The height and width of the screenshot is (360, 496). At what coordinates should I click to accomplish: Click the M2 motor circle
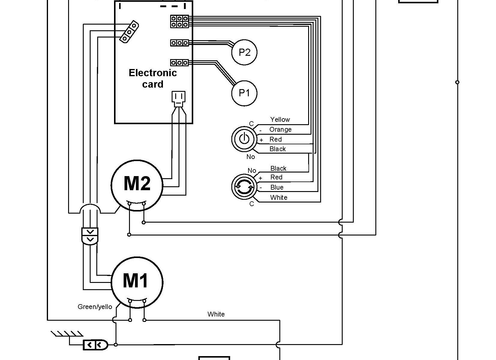tap(137, 184)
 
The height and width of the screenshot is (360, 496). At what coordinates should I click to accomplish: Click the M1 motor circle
tap(137, 282)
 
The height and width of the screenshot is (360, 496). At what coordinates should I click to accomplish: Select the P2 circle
tap(244, 52)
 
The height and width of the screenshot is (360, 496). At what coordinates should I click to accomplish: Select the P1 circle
tap(244, 93)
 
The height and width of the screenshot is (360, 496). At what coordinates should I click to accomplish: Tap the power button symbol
tap(244, 139)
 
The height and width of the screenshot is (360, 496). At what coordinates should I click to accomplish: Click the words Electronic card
tap(153, 78)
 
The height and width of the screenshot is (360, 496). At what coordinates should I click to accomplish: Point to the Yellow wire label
tap(280, 119)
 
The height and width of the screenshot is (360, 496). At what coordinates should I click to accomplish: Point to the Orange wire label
tap(280, 129)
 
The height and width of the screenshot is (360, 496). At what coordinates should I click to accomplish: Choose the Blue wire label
tap(277, 187)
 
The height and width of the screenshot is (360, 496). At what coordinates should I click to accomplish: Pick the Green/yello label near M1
tap(95, 307)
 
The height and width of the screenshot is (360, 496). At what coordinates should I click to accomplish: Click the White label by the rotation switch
tap(278, 197)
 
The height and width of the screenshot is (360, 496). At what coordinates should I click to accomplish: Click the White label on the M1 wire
tap(216, 314)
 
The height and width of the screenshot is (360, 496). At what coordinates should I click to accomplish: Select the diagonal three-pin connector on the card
tap(129, 31)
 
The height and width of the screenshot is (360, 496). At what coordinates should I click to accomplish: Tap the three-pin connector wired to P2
tap(179, 43)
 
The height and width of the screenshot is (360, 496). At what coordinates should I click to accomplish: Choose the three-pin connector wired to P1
tap(179, 63)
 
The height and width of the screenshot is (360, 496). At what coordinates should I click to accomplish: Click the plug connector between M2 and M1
tap(90, 236)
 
